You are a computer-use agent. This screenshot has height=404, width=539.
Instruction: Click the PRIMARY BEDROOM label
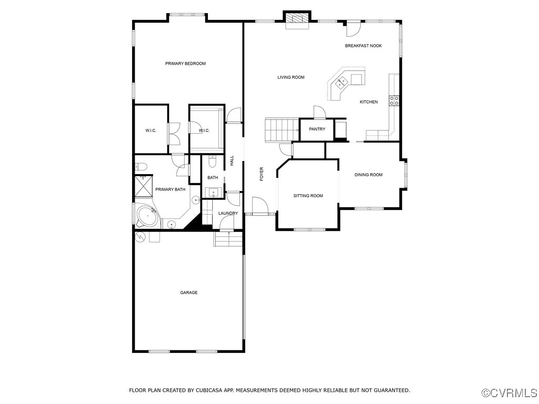[x=185, y=64]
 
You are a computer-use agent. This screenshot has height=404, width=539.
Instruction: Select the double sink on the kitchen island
[x=342, y=82]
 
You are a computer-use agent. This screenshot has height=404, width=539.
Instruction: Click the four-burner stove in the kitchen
[x=394, y=100]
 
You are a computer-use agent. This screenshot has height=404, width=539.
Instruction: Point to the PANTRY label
[x=317, y=129]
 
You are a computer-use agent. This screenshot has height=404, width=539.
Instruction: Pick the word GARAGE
[x=189, y=292]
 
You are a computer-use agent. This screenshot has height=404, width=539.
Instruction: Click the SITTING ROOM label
[x=308, y=196]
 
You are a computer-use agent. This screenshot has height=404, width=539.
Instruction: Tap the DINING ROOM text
[x=368, y=175]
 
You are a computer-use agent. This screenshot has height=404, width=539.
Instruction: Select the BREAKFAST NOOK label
[x=363, y=46]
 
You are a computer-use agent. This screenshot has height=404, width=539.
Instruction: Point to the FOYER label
[x=262, y=174]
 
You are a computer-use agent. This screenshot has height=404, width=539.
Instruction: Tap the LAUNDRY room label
[x=228, y=213]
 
